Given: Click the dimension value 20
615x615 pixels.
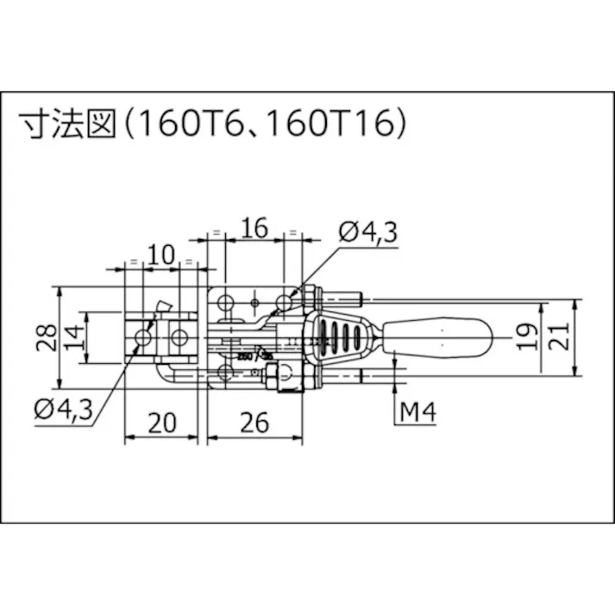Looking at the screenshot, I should pyautogui.click(x=161, y=423).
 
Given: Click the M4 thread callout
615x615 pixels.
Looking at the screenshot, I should pyautogui.click(x=418, y=413).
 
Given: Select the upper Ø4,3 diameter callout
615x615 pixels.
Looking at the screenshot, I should pyautogui.click(x=368, y=232).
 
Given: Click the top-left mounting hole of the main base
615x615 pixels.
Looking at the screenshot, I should pyautogui.click(x=226, y=303).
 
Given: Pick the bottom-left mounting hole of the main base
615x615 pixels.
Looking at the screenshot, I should pyautogui.click(x=226, y=372).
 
